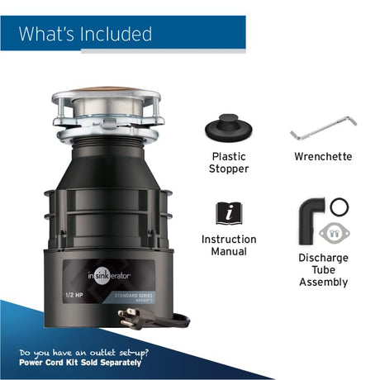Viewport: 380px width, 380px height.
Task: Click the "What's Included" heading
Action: coord(86,34)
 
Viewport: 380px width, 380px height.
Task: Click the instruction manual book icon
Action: coord(229,212)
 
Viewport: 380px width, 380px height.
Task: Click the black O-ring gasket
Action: coord(339,206)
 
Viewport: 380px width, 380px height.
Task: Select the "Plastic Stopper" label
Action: coord(229,162)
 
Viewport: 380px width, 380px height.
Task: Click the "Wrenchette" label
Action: coord(323,156)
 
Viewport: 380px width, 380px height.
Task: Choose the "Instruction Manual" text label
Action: coord(229,245)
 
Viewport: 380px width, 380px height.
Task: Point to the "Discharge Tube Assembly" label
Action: coord(323,269)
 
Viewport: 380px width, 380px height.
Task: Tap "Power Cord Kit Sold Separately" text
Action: coord(81,363)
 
